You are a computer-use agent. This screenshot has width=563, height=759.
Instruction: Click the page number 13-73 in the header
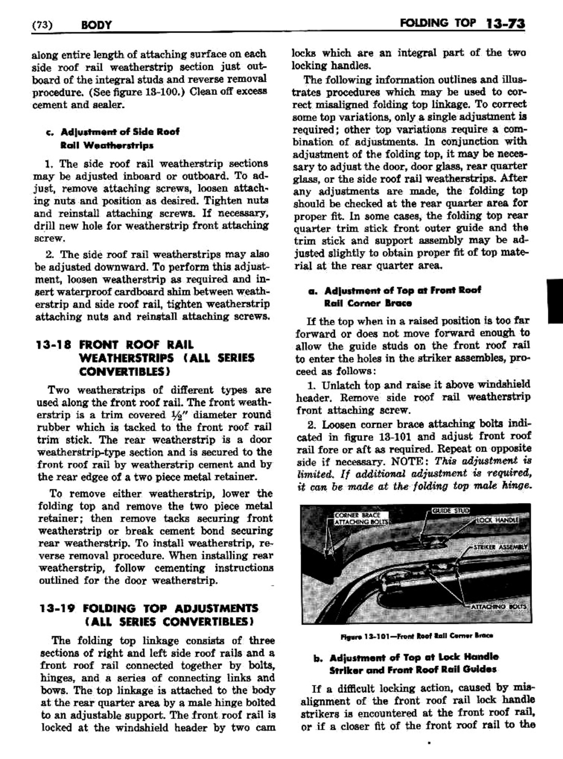point(506,24)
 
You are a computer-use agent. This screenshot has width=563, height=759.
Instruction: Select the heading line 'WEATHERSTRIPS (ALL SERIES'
point(167,358)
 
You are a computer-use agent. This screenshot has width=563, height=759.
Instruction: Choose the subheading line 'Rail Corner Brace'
point(368,303)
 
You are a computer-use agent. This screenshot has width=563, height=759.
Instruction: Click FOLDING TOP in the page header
point(445,23)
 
